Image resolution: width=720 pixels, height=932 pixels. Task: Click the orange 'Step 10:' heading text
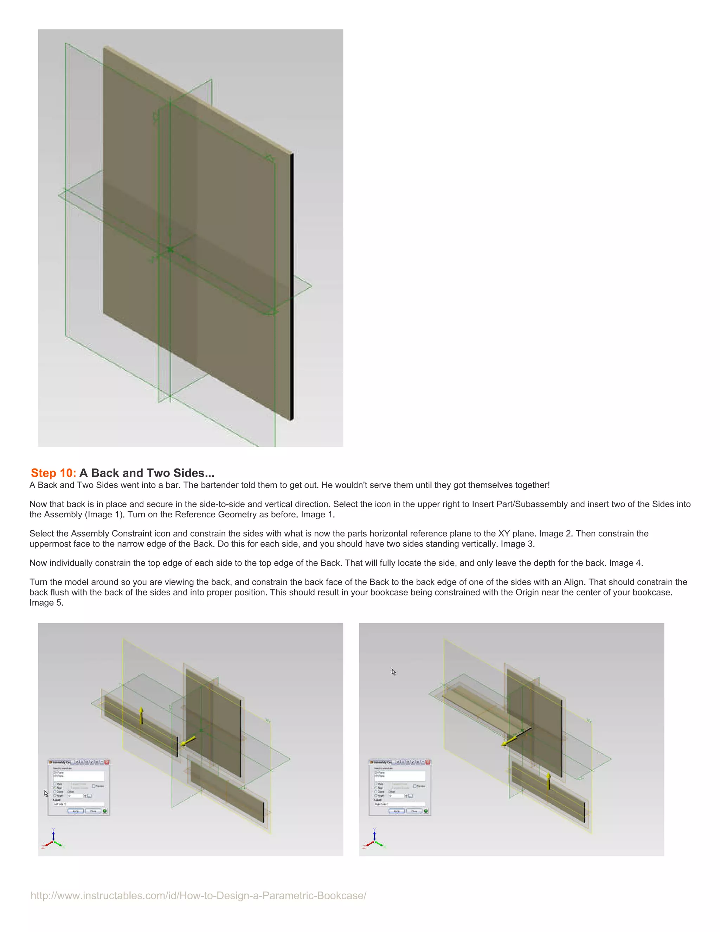53,473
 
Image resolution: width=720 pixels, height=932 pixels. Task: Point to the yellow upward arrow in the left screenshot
142,716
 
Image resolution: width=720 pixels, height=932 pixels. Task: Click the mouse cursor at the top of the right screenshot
394,672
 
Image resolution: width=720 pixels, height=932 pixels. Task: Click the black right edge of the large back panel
292,286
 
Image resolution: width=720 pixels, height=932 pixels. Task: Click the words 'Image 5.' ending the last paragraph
46,602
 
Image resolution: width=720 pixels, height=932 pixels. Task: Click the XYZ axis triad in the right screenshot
374,839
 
